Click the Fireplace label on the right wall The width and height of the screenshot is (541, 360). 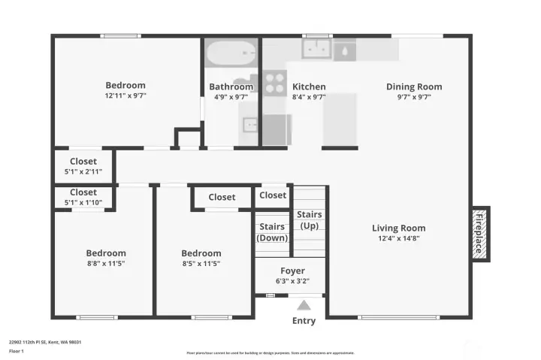pos(479,234)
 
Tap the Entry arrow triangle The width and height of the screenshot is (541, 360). pos(304,305)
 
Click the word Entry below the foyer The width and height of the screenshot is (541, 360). pos(304,321)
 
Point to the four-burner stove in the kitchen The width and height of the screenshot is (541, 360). pos(275,81)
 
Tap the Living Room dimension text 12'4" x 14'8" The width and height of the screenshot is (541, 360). pos(398,239)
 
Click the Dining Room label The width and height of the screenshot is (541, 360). pos(414,86)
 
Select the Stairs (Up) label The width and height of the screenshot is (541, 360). pos(310,219)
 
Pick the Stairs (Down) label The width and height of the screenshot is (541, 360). pos(272,231)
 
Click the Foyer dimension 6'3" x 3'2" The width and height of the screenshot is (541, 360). pos(292,281)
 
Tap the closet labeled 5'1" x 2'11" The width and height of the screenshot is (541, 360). pos(83,171)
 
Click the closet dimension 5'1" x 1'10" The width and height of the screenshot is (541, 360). pos(83,202)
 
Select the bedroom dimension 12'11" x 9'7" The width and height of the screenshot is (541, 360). pos(125,96)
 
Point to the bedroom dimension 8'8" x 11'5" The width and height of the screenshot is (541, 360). pos(106,264)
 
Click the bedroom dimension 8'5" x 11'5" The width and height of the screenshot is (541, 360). pos(201,264)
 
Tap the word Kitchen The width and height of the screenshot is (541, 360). pos(309,86)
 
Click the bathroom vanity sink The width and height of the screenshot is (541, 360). pos(249,124)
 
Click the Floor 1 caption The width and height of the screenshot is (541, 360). pos(17,351)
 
